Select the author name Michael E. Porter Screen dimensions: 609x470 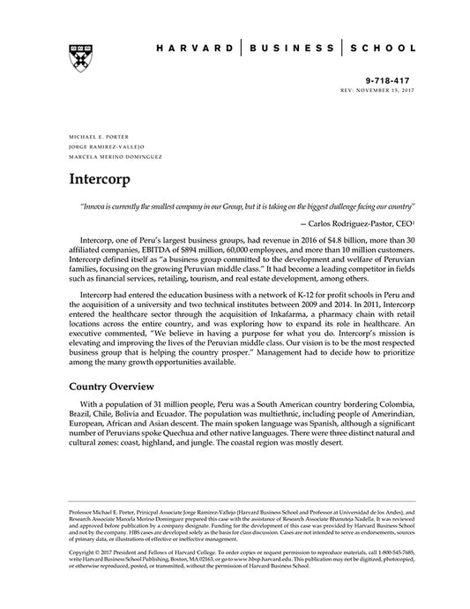tap(93, 138)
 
